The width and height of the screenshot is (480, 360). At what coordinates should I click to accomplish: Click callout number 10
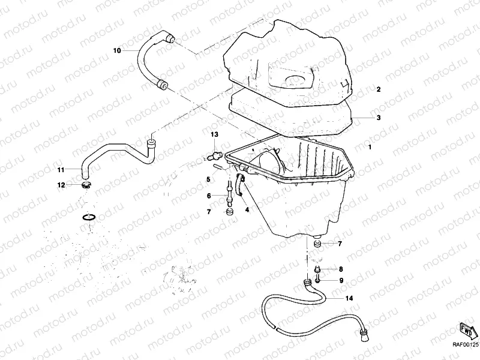tap(117, 52)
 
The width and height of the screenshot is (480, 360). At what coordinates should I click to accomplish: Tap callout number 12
tap(61, 185)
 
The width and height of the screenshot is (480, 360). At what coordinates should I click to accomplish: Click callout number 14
tap(349, 298)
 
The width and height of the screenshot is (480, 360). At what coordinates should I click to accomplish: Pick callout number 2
tap(379, 89)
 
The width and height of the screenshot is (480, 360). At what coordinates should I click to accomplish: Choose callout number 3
tap(379, 118)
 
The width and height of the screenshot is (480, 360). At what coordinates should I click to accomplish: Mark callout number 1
tap(370, 146)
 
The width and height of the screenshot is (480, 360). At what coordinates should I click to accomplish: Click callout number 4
tap(247, 210)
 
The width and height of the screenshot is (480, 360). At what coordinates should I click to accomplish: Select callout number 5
tap(208, 179)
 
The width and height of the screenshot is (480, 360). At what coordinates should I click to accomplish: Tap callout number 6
tap(208, 196)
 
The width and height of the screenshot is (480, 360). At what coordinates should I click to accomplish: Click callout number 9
tap(340, 280)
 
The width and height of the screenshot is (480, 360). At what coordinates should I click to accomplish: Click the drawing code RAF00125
tap(464, 345)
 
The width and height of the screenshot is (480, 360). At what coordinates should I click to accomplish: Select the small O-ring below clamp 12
tap(88, 217)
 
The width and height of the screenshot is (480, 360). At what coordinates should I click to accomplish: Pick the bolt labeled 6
tap(230, 191)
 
